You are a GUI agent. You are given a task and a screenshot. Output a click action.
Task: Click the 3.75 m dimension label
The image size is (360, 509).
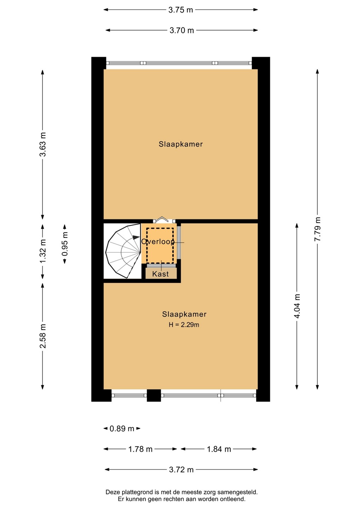[x=181, y=10]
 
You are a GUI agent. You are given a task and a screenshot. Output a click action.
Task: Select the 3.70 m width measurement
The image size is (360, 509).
[x=181, y=30]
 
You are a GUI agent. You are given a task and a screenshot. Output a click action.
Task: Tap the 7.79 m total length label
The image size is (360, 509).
[x=318, y=229]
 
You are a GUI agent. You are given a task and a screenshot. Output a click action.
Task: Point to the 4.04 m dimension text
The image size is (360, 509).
[x=297, y=306]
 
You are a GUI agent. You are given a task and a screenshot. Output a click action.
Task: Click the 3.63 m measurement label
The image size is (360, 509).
[x=43, y=144]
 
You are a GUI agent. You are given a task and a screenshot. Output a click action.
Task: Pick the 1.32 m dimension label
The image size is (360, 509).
[x=43, y=251]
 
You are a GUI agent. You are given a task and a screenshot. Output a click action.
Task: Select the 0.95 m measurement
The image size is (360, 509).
[x=65, y=244]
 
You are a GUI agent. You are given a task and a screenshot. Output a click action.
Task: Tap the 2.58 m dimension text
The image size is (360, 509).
[x=43, y=336]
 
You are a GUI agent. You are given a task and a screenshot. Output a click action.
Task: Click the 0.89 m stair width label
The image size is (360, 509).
[x=122, y=429]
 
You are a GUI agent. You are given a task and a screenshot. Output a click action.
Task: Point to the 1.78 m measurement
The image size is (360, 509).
[x=140, y=449]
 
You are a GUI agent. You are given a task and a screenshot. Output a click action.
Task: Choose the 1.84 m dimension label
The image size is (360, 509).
[x=219, y=449]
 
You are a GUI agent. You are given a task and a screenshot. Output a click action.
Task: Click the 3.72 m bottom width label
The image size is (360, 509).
[x=181, y=470]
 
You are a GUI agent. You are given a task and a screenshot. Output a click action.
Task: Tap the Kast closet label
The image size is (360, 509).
[x=161, y=274]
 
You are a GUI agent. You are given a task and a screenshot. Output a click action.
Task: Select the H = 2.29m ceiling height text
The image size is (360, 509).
[x=184, y=325]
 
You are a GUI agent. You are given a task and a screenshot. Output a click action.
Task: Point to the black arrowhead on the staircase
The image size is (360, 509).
[x=136, y=237]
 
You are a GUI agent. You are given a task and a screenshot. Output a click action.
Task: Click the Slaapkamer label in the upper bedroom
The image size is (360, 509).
[x=181, y=144]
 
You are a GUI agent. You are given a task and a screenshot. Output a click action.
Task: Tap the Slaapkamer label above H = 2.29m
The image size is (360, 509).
[x=184, y=314]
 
